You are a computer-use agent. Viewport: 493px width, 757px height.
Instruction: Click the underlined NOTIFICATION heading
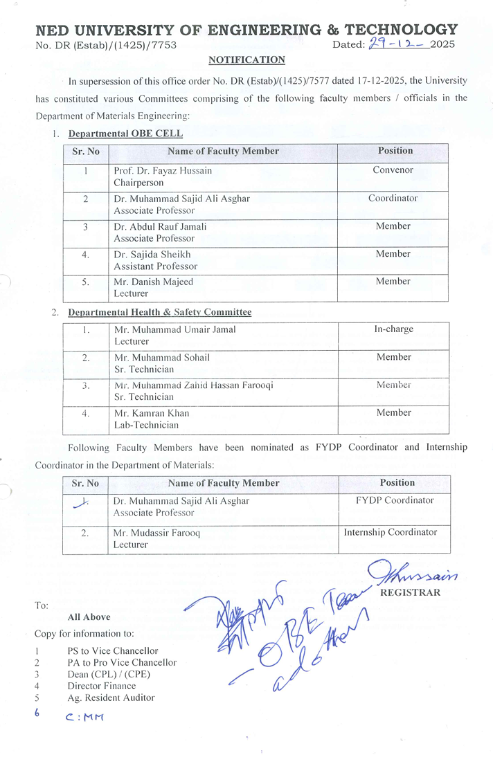247,60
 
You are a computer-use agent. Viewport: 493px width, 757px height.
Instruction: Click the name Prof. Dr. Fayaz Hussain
163,170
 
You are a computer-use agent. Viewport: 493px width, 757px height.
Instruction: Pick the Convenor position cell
393,170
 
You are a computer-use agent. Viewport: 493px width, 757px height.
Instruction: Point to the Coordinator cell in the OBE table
393,198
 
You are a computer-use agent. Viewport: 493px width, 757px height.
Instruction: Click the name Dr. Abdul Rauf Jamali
160,226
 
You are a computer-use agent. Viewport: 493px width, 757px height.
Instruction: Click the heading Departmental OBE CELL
125,133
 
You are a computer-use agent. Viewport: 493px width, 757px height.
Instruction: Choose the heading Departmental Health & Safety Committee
159,312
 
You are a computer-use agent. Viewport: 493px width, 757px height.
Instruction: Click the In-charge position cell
393,329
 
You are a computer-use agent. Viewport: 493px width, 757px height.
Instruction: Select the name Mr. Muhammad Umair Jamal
174,329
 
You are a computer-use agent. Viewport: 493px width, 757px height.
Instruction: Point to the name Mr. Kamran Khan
152,413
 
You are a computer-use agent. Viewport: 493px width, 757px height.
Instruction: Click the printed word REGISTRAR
410,592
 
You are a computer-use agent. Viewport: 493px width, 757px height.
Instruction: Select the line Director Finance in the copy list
102,686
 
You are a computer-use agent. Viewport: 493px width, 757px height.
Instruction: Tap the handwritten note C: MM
84,717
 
